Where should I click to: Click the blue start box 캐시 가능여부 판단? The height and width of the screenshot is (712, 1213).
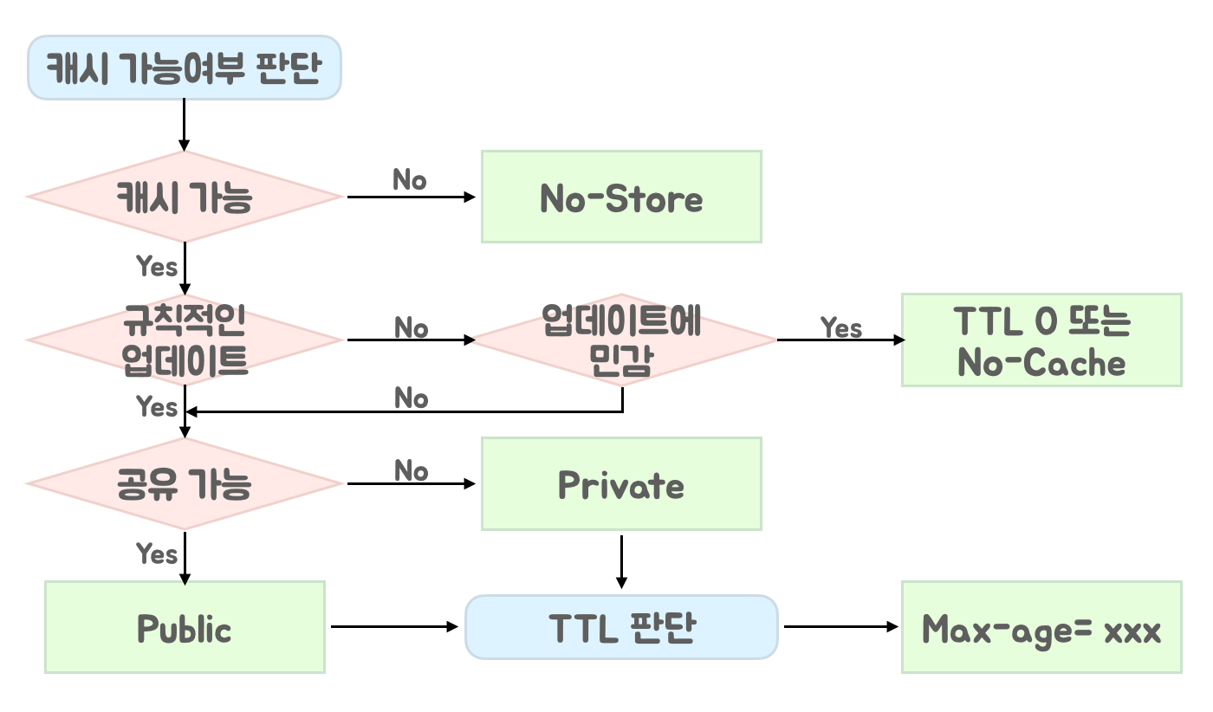[185, 68]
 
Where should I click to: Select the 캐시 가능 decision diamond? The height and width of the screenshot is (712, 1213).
[185, 197]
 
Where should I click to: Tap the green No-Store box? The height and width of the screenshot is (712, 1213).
[621, 197]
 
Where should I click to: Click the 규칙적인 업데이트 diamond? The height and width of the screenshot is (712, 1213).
[185, 340]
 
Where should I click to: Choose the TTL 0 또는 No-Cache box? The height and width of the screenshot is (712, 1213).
[1041, 340]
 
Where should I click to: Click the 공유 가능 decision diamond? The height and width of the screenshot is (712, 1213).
[185, 483]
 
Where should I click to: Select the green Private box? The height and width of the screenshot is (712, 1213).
[621, 483]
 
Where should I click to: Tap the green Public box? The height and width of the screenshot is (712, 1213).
[185, 627]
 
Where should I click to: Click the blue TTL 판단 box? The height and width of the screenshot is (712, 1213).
[621, 627]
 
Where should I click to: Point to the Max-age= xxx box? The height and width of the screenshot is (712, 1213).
[1041, 627]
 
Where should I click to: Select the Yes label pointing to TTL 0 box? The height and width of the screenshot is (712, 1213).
[841, 327]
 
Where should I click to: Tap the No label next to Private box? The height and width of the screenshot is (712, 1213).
[412, 470]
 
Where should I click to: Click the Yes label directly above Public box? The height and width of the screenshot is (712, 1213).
[157, 553]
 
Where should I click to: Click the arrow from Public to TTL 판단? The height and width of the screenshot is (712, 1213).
[395, 626]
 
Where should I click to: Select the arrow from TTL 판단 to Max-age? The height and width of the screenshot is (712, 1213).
[840, 626]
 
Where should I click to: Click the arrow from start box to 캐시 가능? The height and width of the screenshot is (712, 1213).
[184, 125]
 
